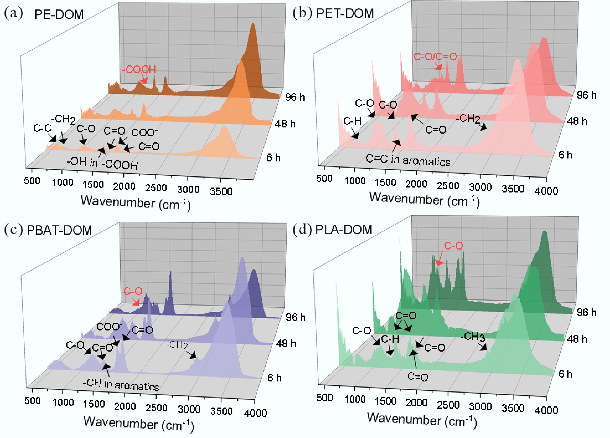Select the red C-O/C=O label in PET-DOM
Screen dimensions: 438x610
[x=435, y=57]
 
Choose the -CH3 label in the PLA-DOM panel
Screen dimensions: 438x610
[x=473, y=337]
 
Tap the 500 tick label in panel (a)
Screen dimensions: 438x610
[x=32, y=180]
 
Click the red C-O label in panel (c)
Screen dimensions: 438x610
[x=133, y=291]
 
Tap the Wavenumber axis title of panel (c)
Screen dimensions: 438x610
[x=139, y=423]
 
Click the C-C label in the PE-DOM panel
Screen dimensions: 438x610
[x=42, y=128]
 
